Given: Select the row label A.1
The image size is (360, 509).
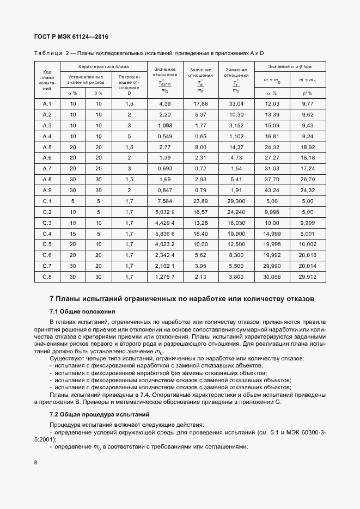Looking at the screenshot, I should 47,104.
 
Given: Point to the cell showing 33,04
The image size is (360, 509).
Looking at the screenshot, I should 236,104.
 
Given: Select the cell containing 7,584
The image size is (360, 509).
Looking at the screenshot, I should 164,201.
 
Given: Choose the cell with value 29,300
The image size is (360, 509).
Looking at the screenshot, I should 236,201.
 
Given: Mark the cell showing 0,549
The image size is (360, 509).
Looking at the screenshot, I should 164,136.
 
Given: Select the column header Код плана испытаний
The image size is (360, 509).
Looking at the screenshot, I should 47,80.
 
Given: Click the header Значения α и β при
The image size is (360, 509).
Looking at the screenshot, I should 289,66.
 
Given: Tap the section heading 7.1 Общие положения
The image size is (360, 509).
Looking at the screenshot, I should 82,311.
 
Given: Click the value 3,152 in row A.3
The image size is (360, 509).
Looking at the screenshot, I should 236,125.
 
